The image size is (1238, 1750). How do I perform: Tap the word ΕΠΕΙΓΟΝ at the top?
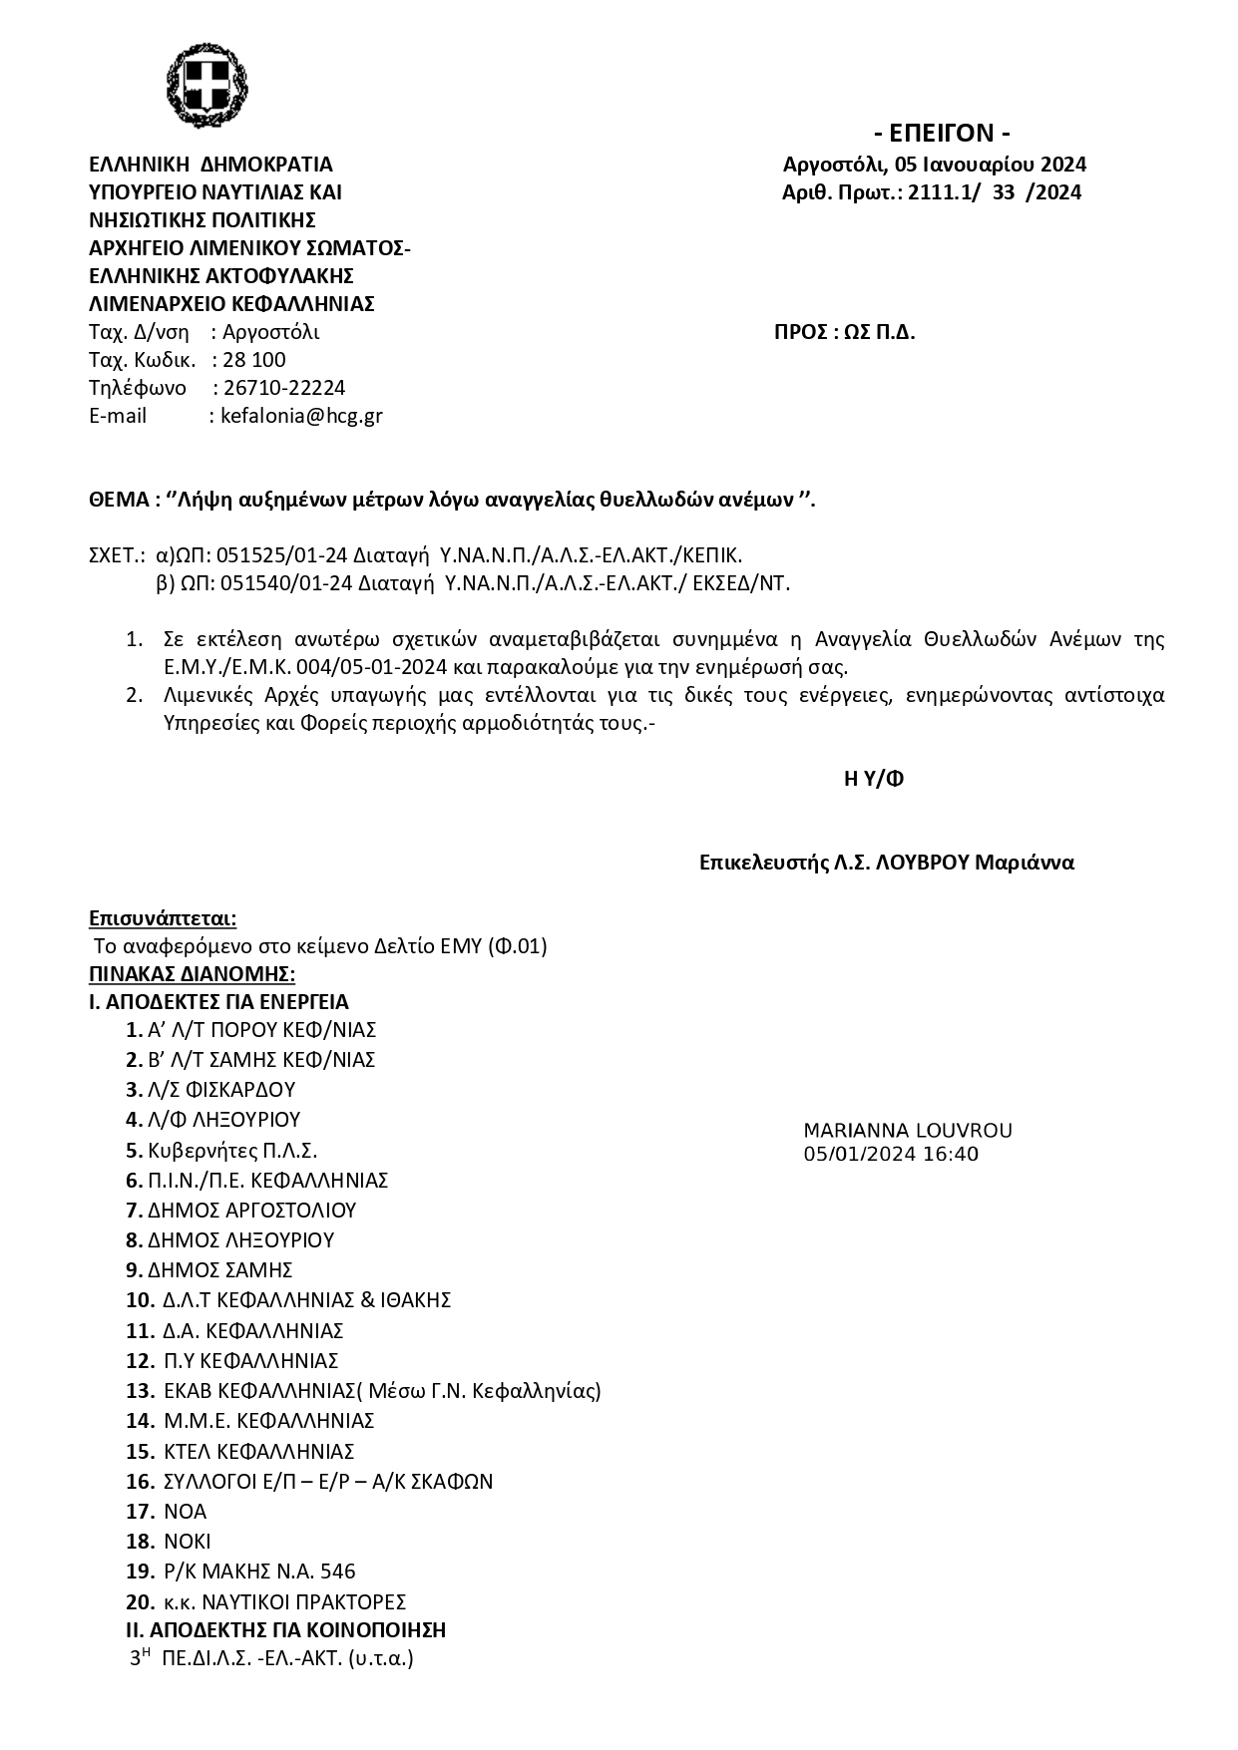point(942,134)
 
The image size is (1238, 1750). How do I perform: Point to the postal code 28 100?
point(254,360)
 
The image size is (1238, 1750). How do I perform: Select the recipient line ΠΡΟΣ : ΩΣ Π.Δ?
point(844,333)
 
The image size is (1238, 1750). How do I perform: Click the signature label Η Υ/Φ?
point(874,780)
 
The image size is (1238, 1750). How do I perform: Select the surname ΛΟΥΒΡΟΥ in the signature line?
point(923,864)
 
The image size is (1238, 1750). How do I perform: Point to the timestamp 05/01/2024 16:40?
point(891,1155)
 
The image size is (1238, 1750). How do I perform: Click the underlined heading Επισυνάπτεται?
point(163,917)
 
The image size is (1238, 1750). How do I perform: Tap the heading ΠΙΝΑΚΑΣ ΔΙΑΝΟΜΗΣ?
point(192,973)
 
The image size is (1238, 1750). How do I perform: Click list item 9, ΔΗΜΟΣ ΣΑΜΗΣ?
point(219,1270)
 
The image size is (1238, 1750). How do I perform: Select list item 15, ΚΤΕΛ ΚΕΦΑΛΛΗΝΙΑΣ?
point(258,1451)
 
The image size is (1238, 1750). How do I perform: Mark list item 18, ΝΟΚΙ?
point(188,1542)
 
